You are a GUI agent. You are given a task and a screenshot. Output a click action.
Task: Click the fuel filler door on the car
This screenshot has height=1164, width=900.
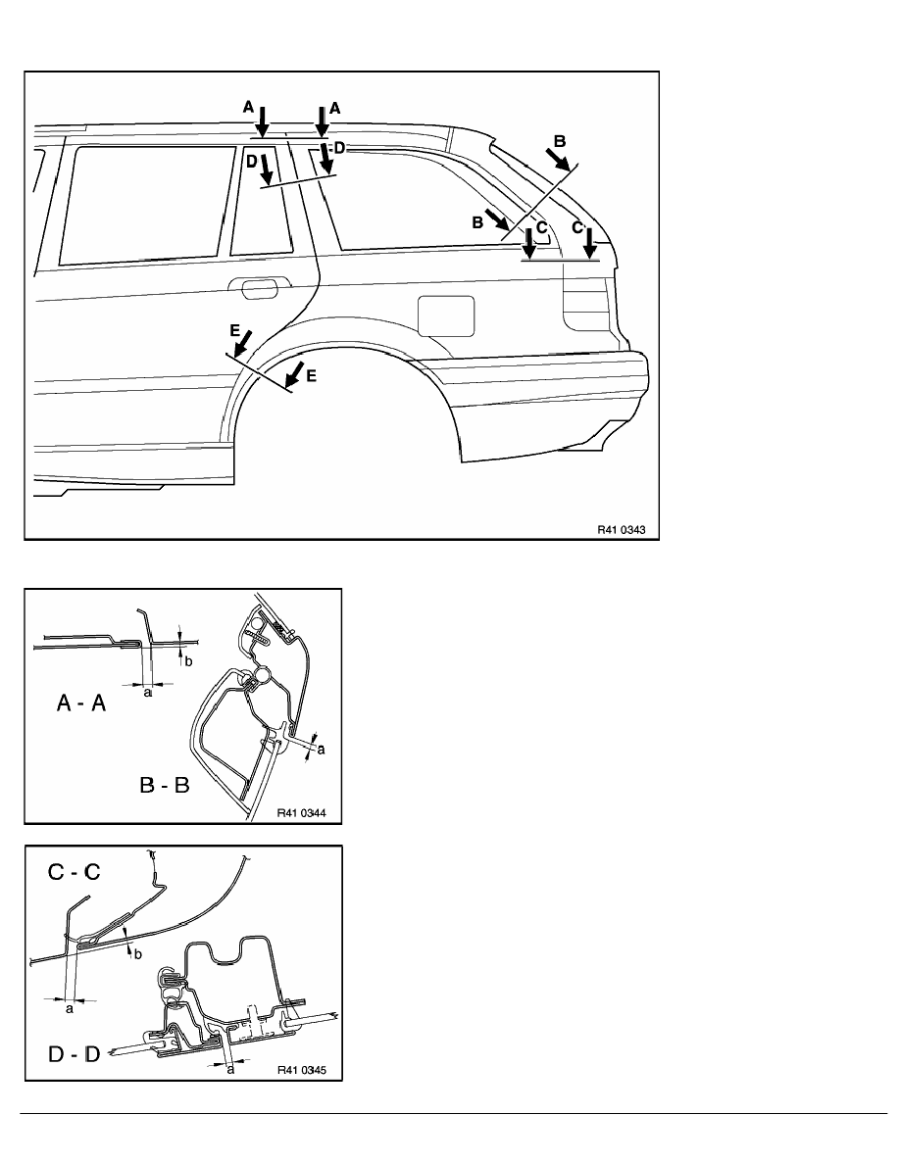(446, 315)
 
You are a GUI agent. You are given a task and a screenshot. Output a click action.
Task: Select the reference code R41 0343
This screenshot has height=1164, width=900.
(622, 530)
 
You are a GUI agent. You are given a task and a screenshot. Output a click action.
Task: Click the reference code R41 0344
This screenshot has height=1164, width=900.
(302, 813)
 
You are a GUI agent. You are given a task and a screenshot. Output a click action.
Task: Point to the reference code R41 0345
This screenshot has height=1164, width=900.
(302, 1070)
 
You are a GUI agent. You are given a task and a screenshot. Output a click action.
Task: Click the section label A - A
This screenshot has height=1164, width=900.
(81, 703)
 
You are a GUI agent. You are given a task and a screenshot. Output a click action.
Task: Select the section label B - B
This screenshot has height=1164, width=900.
(164, 785)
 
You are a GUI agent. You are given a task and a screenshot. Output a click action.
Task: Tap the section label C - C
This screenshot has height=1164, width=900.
(74, 871)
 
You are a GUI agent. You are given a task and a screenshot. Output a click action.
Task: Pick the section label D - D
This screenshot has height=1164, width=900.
(74, 1053)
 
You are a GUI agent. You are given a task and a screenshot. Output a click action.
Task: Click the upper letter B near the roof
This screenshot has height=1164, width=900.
(560, 141)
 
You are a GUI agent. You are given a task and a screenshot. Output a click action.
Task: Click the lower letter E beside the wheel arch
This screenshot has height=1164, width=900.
(311, 376)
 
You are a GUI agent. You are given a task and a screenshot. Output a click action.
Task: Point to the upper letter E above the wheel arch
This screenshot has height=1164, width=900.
(235, 329)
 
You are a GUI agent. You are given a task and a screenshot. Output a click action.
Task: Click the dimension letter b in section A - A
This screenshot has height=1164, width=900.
(188, 660)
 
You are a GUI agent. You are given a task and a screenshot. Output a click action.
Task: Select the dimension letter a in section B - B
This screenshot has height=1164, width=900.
(321, 750)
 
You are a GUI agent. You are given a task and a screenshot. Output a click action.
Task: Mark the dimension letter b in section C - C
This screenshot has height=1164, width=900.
(137, 954)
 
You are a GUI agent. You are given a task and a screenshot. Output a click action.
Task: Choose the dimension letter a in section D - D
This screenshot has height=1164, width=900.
(230, 1069)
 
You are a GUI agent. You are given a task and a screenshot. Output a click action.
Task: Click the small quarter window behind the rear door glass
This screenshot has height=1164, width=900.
(261, 201)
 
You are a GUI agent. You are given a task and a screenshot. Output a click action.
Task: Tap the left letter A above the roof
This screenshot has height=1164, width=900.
(249, 108)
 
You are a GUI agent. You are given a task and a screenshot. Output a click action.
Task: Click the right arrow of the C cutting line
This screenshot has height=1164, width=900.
(589, 244)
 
